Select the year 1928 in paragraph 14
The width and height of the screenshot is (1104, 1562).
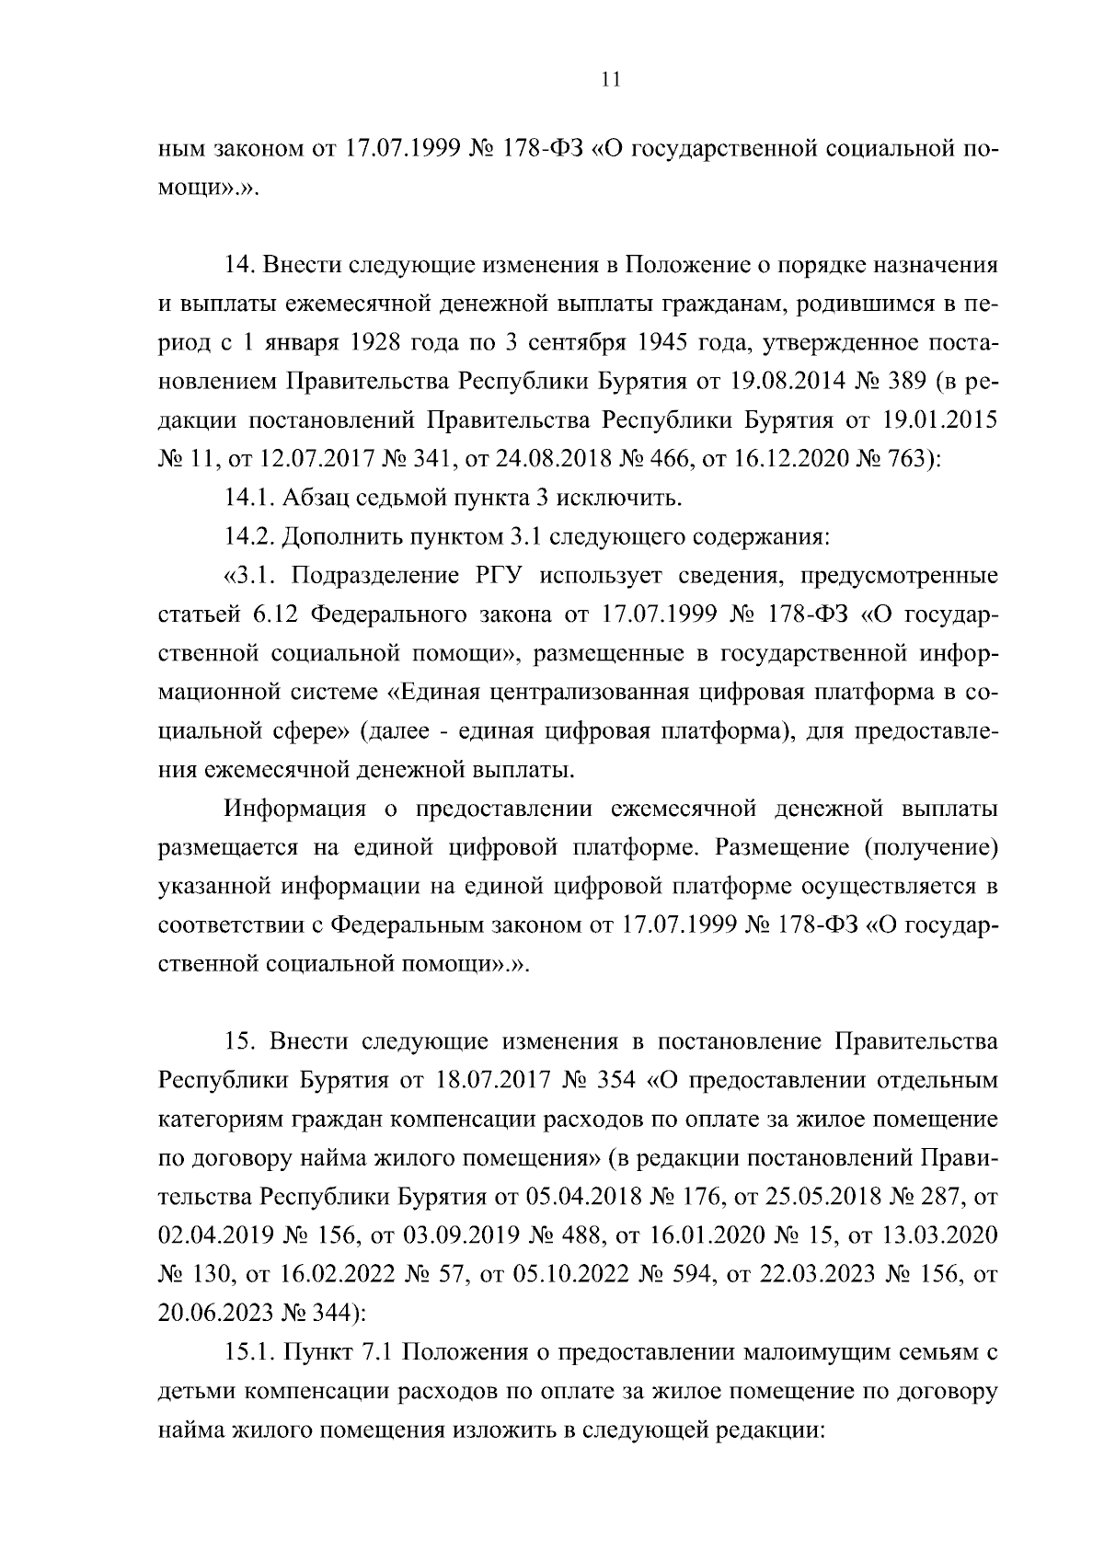click(x=377, y=343)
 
